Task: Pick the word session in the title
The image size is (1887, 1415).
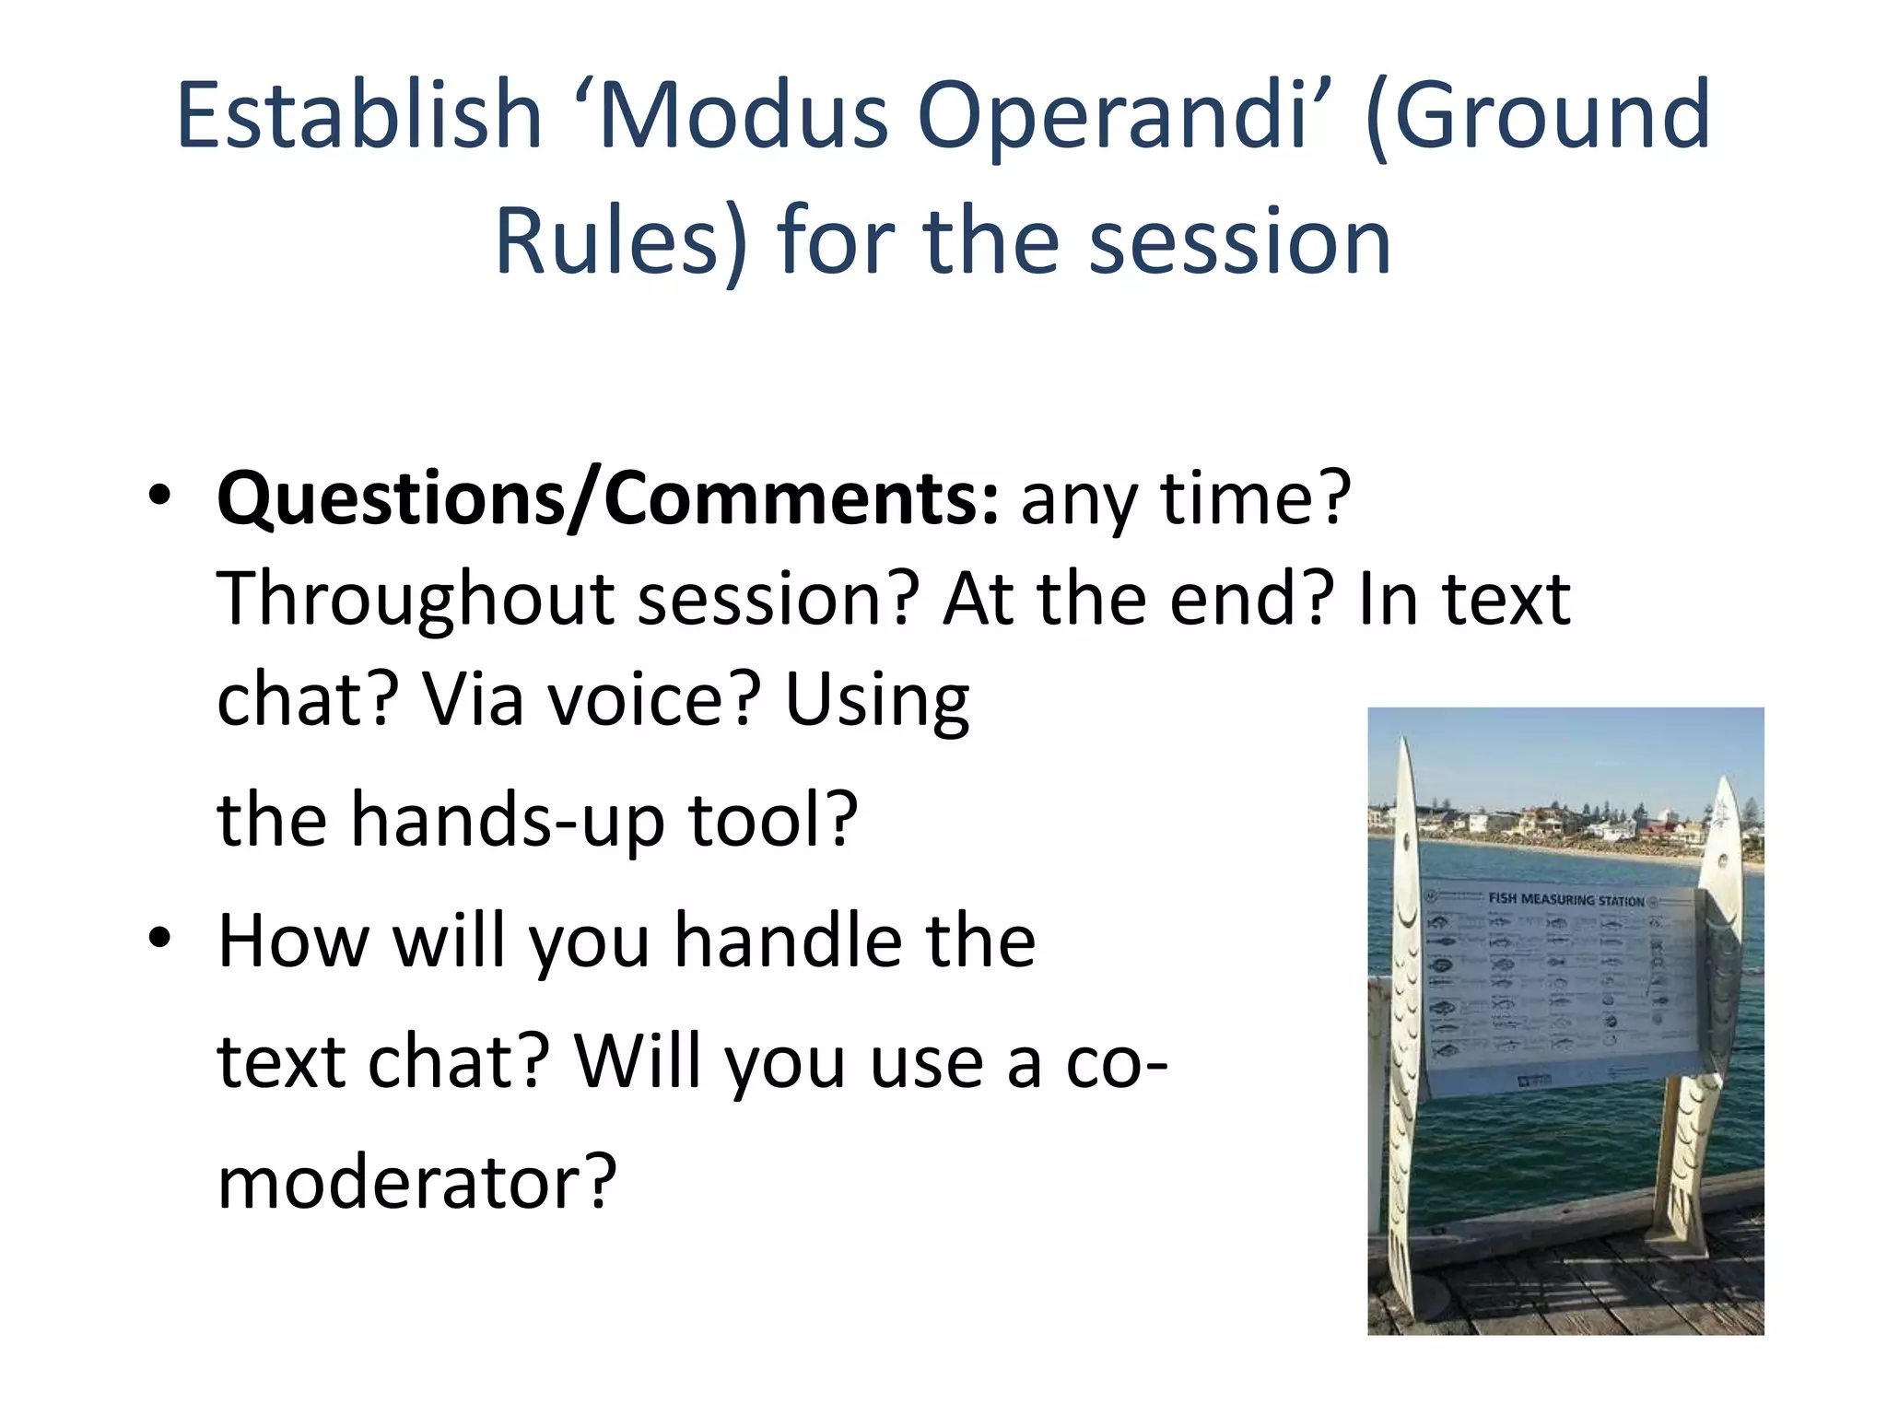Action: [1238, 241]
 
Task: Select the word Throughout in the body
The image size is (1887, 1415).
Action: [415, 600]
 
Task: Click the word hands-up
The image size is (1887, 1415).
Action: [507, 819]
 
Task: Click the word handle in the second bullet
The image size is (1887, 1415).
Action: [788, 941]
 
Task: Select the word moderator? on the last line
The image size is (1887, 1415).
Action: [416, 1182]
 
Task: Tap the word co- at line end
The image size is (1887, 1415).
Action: [1115, 1062]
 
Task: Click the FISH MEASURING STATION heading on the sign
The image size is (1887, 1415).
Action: [1565, 899]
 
